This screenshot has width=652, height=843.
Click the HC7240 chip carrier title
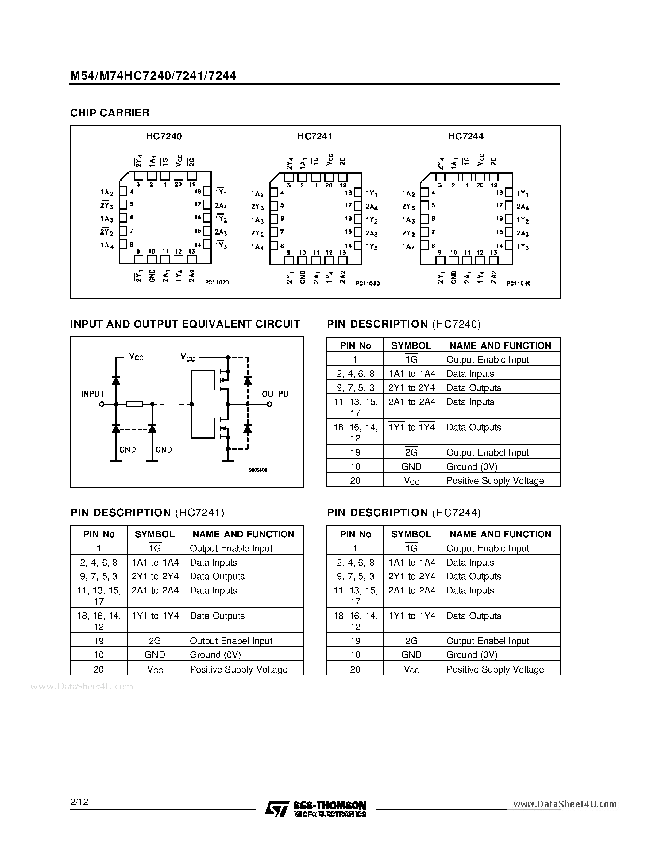(164, 136)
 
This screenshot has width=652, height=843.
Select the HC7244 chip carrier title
(465, 136)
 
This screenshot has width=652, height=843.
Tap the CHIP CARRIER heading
(110, 113)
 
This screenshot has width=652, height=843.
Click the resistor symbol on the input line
(135, 404)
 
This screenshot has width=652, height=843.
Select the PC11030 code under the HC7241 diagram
(368, 284)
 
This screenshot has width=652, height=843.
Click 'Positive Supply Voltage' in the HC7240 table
(495, 481)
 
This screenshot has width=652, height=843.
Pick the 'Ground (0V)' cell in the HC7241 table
(215, 655)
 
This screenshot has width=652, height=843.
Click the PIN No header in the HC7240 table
(355, 345)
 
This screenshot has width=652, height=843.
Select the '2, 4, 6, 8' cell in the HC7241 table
(98, 563)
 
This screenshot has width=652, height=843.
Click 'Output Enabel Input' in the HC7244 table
(488, 641)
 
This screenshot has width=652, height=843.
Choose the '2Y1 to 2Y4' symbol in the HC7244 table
(412, 576)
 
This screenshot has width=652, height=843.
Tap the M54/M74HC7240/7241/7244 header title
(153, 76)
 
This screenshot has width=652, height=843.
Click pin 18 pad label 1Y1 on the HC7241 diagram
(371, 193)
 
